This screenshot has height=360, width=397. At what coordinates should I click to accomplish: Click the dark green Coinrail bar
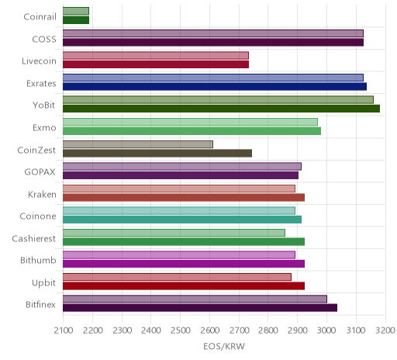coord(76,20)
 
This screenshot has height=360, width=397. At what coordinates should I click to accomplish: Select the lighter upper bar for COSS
coord(213,33)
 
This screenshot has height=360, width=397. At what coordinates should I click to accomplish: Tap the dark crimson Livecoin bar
coord(156,64)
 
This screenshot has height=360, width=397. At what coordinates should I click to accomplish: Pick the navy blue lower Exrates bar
coord(215,86)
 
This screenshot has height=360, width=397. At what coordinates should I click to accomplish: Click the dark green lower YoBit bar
coord(221,109)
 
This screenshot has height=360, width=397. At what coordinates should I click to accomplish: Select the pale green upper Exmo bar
coord(190,122)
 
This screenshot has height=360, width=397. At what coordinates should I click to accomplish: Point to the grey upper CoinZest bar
coord(138,144)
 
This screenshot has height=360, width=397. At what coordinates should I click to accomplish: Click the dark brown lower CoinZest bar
coord(157,153)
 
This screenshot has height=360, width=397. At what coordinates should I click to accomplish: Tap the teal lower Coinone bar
coord(182,220)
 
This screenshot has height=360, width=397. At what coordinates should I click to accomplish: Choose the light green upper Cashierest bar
coord(174,233)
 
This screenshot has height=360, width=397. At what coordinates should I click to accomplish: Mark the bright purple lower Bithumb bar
coord(184,264)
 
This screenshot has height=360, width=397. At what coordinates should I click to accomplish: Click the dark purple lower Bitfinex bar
coord(200,308)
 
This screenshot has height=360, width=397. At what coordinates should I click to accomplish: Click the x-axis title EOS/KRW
coord(224,346)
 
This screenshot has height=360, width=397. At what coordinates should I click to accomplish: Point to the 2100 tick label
coord(64,331)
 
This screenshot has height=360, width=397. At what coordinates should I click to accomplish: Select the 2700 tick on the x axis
coord(239,331)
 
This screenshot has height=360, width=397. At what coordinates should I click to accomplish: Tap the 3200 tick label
coord(385,331)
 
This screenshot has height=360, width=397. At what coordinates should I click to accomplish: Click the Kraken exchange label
coord(42,194)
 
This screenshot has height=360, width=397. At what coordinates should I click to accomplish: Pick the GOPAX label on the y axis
coord(40,172)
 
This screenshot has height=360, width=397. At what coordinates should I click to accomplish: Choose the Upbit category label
coord(43,283)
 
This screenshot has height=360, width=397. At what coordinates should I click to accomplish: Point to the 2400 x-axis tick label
coord(151,331)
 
